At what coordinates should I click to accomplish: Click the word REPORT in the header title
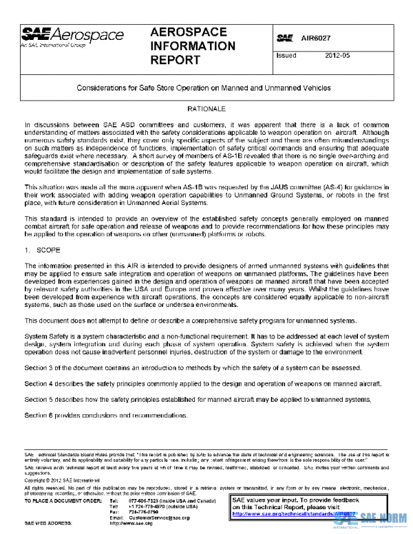(176, 61)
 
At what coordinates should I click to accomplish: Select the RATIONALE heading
(206, 109)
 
